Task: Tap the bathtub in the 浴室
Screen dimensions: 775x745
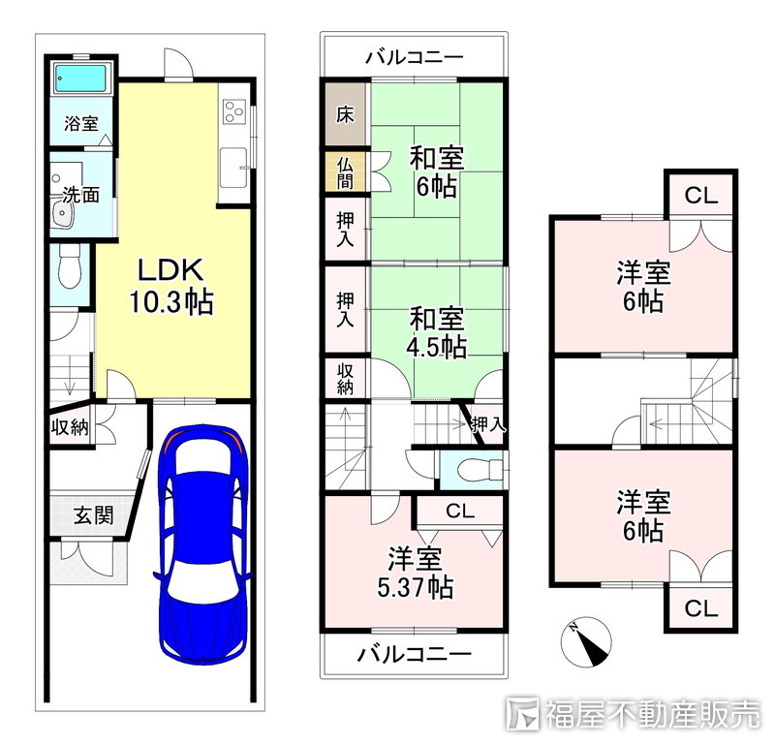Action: pos(81,78)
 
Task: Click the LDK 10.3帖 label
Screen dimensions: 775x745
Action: pos(170,286)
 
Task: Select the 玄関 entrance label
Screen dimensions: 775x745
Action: pos(94,515)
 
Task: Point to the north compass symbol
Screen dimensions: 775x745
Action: pos(586,641)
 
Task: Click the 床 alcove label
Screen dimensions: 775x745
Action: pos(345,114)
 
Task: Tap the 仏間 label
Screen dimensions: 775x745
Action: pos(345,173)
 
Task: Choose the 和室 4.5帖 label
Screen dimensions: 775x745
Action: pos(436,332)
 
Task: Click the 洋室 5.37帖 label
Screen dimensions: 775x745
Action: pos(415,574)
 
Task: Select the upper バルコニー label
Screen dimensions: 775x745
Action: pos(414,57)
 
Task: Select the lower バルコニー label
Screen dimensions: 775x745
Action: pos(414,655)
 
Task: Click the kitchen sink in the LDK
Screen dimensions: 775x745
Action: pos(233,167)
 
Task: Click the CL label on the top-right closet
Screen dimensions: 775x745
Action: pos(700,197)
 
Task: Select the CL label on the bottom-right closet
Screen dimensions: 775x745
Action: pos(700,608)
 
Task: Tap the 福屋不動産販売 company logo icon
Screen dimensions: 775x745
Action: pos(523,713)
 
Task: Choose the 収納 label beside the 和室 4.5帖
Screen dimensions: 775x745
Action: pos(345,379)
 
